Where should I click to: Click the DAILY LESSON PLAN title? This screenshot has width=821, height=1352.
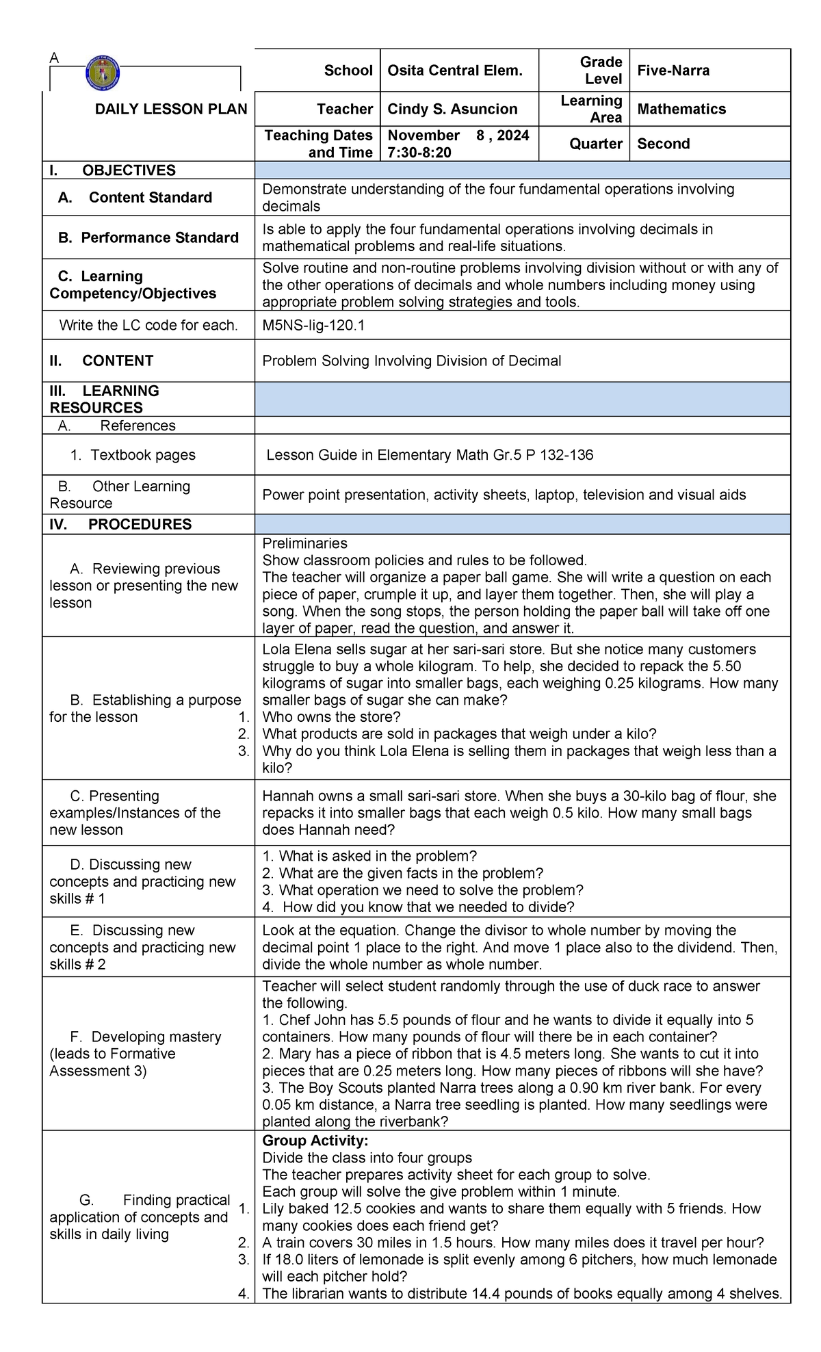[x=170, y=109]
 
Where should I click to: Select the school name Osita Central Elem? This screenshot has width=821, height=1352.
[x=454, y=70]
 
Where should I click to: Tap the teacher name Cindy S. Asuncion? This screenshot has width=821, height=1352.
[x=452, y=109]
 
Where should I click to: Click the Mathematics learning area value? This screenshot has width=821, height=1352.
[x=681, y=109]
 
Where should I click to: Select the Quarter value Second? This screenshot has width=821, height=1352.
[x=663, y=144]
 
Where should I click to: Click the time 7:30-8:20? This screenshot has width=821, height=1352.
[x=419, y=153]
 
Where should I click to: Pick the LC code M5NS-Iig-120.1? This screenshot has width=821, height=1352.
[x=313, y=326]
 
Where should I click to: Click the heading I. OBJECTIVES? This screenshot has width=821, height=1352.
[x=113, y=170]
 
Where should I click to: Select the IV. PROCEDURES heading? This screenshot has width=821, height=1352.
[x=120, y=524]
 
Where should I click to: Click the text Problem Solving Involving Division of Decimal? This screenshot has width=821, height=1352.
[x=411, y=361]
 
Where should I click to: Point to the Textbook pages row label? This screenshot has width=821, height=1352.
[x=133, y=455]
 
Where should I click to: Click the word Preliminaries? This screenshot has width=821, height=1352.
[x=304, y=543]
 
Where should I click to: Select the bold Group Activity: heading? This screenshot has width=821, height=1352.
[x=315, y=1141]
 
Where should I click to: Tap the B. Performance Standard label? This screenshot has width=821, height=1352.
[x=148, y=237]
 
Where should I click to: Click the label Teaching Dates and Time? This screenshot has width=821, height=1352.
[x=319, y=144]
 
